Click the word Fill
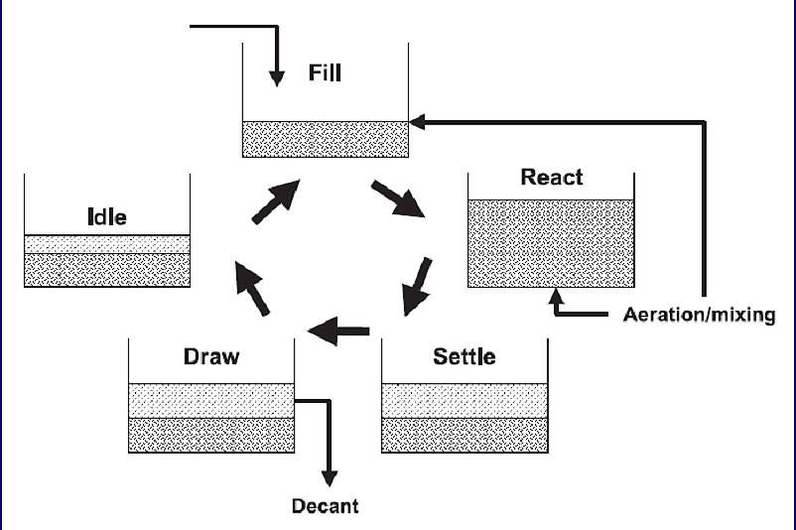(x=325, y=72)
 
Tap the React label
(x=551, y=178)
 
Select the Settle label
(x=464, y=355)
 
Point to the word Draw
(x=211, y=355)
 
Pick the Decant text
(x=325, y=506)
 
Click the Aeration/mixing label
(x=699, y=316)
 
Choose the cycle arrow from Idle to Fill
(x=275, y=201)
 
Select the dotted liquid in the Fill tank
(x=325, y=139)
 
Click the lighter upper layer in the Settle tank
(x=464, y=399)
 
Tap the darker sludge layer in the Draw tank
(x=211, y=434)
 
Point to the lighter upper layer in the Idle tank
(x=107, y=244)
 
